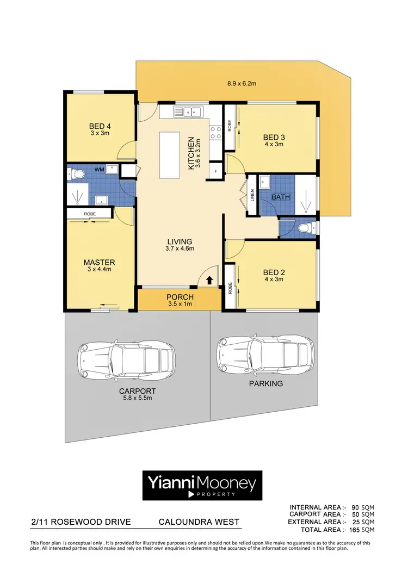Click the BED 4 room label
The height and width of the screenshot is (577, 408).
[100, 127]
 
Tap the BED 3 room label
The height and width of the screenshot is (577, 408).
[274, 137]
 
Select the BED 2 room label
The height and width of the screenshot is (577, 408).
[274, 272]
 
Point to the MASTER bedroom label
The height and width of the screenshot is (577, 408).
[99, 262]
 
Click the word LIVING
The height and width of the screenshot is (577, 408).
[180, 241]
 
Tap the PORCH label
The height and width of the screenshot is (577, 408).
[180, 296]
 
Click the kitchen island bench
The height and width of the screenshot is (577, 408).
[171, 154]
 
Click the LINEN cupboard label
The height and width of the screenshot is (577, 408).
[252, 196]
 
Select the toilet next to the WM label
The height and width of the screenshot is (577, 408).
[75, 174]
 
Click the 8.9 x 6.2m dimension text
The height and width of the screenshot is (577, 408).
[242, 84]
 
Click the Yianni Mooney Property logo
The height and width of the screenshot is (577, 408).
[202, 485]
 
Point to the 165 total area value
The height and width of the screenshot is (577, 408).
[354, 530]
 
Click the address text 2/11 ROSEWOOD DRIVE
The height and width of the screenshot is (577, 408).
[81, 522]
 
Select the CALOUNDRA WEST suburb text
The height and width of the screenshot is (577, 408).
[199, 522]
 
